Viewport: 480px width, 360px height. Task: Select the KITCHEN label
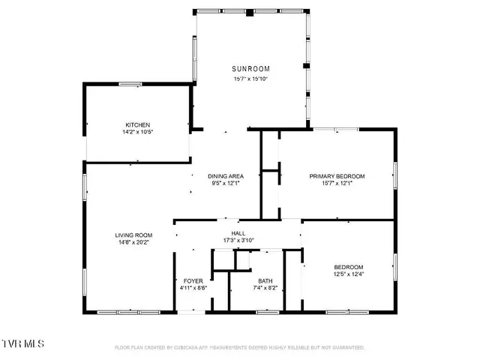pyautogui.click(x=138, y=124)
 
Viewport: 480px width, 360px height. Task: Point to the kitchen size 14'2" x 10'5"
pyautogui.click(x=138, y=132)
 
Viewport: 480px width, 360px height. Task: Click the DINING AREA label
pyautogui.click(x=226, y=176)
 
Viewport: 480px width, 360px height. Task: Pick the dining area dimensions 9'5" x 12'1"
pyautogui.click(x=226, y=184)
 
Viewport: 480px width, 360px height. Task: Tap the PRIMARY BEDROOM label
pyautogui.click(x=337, y=176)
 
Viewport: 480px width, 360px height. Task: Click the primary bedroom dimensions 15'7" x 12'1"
pyautogui.click(x=337, y=184)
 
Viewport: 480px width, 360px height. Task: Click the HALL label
pyautogui.click(x=238, y=233)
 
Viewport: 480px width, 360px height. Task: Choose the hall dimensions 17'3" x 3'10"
pyautogui.click(x=238, y=241)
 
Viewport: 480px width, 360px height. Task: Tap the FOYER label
pyautogui.click(x=193, y=281)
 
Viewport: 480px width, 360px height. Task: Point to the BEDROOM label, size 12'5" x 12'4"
pyautogui.click(x=349, y=268)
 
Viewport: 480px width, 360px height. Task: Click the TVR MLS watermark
pyautogui.click(x=22, y=343)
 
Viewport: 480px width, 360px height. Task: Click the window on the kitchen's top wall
pyautogui.click(x=130, y=84)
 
